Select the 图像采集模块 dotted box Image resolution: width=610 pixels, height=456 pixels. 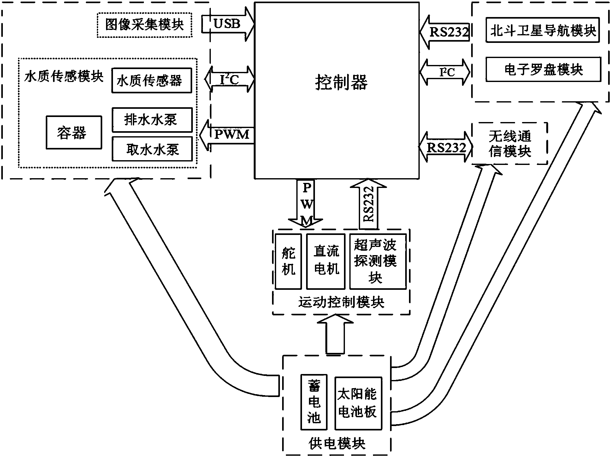145,25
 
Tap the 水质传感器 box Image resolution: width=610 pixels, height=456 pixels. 151,81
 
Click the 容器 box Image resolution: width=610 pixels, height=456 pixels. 74,132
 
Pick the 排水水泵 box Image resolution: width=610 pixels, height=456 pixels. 152,120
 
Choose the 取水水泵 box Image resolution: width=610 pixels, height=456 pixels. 152,149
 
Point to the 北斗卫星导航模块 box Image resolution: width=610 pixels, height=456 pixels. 543,31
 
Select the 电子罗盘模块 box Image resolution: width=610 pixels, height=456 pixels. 543,69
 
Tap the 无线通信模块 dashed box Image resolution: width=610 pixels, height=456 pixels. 510,144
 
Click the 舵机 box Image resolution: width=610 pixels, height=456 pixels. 288,261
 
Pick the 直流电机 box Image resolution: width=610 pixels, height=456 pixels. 326,261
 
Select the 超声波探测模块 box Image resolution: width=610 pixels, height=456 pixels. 378,261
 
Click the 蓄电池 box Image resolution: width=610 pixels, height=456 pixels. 314,402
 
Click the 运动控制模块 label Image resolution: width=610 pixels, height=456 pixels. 341,302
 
